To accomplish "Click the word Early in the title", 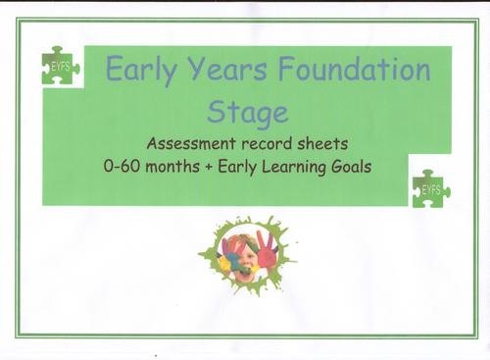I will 139,72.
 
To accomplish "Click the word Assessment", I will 188,142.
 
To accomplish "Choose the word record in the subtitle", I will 257,142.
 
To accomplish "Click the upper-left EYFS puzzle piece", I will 60,67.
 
